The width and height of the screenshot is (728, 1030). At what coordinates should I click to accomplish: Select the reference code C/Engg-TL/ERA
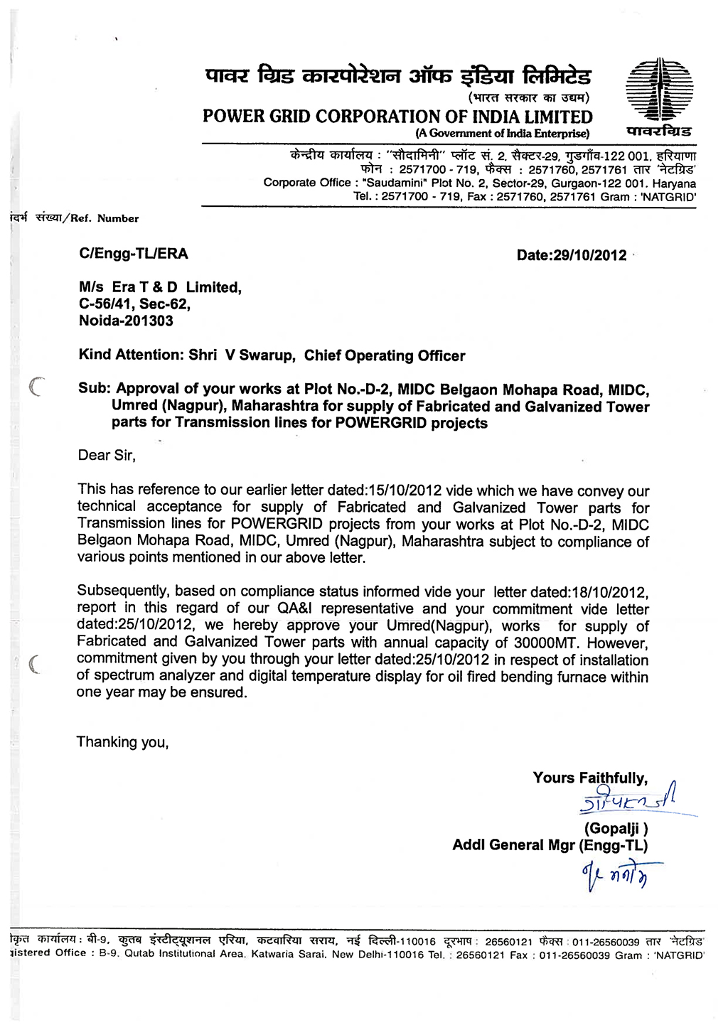134,254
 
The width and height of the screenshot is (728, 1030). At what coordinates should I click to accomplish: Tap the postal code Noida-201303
126,321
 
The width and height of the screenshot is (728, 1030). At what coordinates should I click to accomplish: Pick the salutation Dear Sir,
107,456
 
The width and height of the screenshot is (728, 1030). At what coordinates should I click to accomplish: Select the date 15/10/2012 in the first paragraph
405,490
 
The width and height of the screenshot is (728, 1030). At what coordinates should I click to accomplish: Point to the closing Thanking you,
122,743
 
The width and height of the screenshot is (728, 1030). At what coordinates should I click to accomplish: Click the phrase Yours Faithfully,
590,778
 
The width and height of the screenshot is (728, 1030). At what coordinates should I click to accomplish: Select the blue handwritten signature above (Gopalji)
628,801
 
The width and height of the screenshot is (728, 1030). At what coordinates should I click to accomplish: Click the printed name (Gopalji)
616,828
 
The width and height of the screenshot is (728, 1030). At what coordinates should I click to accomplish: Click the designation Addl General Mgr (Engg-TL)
550,845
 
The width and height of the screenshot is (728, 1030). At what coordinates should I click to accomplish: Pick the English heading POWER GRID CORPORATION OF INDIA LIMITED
397,117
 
